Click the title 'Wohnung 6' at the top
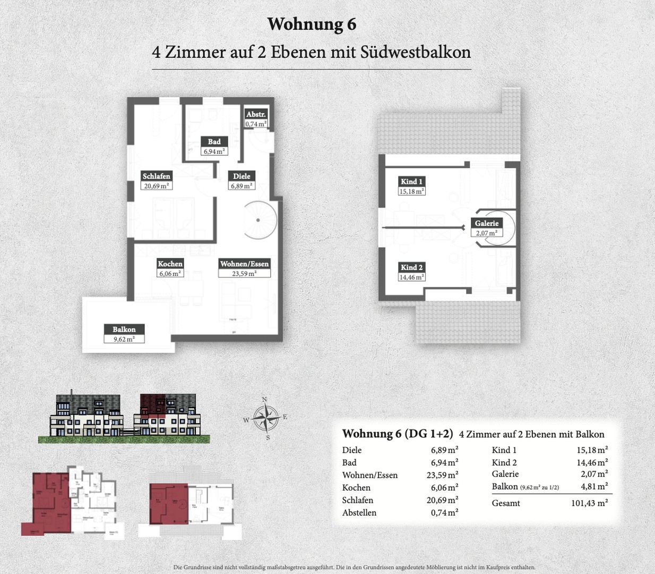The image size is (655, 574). click(x=312, y=24)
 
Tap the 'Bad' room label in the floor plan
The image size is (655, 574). click(x=214, y=141)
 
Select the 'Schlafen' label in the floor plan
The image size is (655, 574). click(x=156, y=176)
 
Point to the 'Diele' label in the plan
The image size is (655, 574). click(x=242, y=176)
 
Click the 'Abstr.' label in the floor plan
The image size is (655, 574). click(x=256, y=114)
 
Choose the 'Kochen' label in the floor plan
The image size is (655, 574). click(x=170, y=264)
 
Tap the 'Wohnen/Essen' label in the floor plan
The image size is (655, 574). click(x=244, y=264)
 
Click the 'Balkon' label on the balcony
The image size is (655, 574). click(x=124, y=330)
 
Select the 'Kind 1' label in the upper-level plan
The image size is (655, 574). click(x=411, y=182)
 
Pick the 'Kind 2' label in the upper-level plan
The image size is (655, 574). click(x=411, y=267)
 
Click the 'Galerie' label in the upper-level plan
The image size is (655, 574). click(x=486, y=223)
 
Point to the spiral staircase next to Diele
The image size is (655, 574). click(x=257, y=220)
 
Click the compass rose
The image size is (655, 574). click(x=265, y=418)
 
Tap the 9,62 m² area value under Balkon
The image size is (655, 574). click(x=124, y=339)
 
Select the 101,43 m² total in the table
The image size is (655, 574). click(x=589, y=503)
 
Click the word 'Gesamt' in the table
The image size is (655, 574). click(x=506, y=503)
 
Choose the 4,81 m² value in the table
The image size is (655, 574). click(x=594, y=486)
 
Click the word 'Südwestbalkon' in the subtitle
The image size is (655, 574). click(x=416, y=52)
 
